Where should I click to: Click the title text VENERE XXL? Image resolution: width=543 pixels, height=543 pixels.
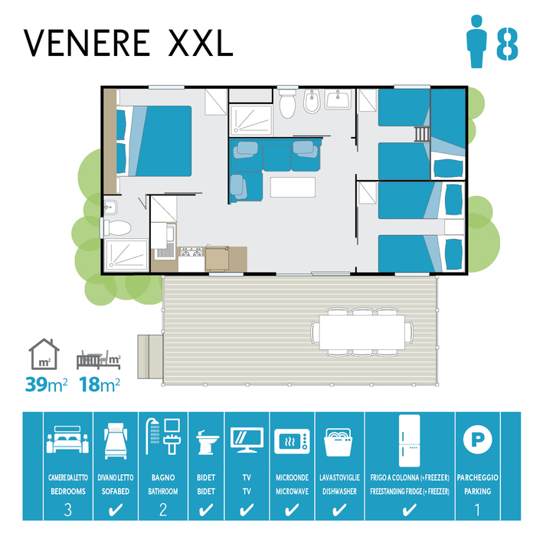(129, 43)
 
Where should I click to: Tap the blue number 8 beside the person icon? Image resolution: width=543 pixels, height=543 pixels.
(507, 44)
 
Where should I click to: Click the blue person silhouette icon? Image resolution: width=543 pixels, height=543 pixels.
(476, 41)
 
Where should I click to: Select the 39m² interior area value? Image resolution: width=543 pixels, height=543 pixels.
(46, 384)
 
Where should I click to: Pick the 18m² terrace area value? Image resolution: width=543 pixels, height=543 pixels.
(100, 384)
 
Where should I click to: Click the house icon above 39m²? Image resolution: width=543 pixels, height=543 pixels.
(44, 354)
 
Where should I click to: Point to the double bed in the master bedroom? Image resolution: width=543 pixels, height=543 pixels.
(154, 141)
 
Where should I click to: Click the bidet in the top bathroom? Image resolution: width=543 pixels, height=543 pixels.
(312, 101)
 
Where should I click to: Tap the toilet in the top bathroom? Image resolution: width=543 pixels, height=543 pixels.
(287, 103)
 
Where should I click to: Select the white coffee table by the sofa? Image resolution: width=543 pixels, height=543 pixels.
(293, 187)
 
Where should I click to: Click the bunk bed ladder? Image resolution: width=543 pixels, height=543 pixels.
(422, 134)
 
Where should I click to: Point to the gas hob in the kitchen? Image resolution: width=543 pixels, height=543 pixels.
(191, 252)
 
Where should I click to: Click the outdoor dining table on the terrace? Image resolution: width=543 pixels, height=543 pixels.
(362, 332)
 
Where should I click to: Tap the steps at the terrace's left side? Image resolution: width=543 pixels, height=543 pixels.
(150, 356)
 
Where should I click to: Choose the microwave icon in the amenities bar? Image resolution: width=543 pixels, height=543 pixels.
(292, 441)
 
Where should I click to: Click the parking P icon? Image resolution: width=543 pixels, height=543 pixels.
(478, 440)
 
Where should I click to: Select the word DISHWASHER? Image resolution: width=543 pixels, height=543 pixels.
(339, 492)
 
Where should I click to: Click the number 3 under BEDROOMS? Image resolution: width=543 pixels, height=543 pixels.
(68, 510)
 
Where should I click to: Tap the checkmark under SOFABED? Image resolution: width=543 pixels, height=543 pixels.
(116, 510)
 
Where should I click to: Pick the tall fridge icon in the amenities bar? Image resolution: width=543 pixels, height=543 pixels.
(409, 441)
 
